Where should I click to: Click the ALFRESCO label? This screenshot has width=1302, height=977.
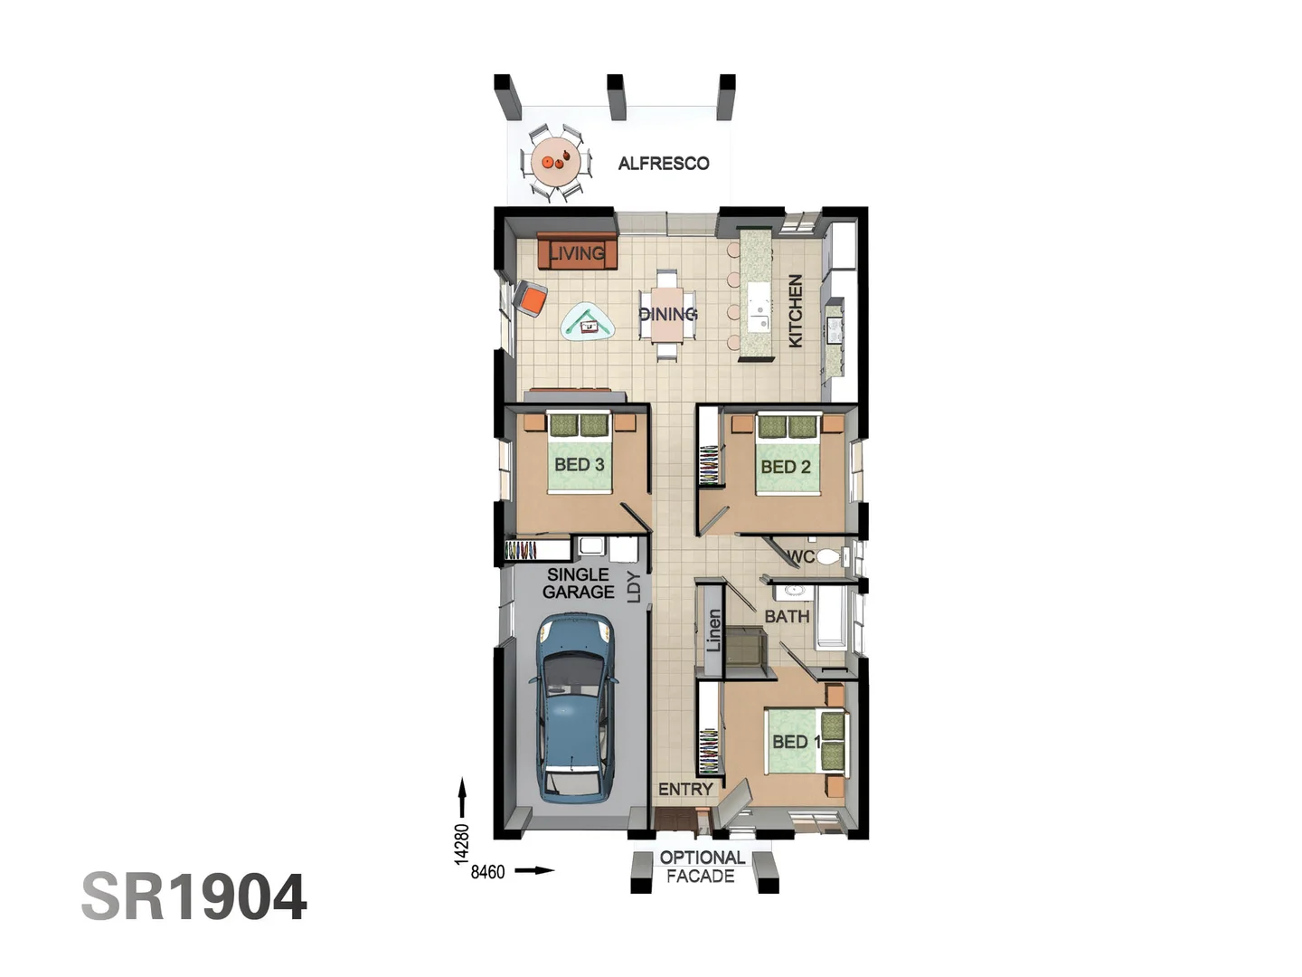(663, 164)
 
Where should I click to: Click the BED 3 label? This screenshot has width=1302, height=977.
(579, 464)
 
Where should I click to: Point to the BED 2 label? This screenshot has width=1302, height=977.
(785, 467)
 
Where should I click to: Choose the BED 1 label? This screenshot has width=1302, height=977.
(796, 742)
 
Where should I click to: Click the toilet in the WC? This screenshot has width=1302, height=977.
(828, 556)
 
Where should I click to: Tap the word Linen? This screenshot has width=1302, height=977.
(713, 630)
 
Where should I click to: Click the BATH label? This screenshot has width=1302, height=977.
(787, 616)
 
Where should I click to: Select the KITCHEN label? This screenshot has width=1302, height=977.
(795, 310)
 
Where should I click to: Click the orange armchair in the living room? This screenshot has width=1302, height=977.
(531, 298)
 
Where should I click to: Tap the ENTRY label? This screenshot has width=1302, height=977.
(685, 789)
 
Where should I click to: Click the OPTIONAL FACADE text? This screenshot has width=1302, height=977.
(702, 867)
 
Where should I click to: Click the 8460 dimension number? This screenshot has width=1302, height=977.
(487, 872)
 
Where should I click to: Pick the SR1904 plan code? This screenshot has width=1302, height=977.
(194, 897)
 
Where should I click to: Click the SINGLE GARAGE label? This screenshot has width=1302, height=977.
(579, 583)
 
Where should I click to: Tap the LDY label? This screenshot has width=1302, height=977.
(634, 587)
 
